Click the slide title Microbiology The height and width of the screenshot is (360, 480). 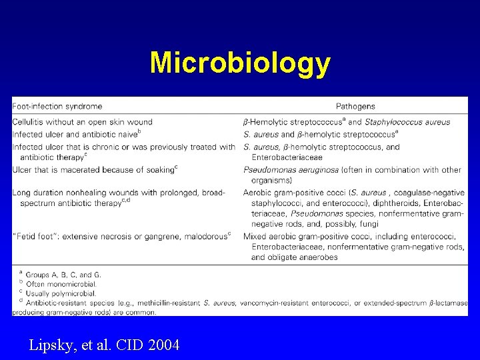coord(240,63)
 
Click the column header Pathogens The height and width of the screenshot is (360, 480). coord(355,106)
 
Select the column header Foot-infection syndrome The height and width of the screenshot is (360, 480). coord(58,106)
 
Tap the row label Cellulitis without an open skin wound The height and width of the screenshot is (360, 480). coord(83,122)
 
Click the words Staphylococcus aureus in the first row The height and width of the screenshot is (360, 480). coord(407,122)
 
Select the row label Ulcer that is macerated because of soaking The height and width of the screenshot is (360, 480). coord(93,170)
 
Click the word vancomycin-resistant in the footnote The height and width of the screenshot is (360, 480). coord(277,303)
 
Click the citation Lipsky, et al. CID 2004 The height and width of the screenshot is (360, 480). coord(104,345)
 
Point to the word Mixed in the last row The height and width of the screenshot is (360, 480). coord(255,236)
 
